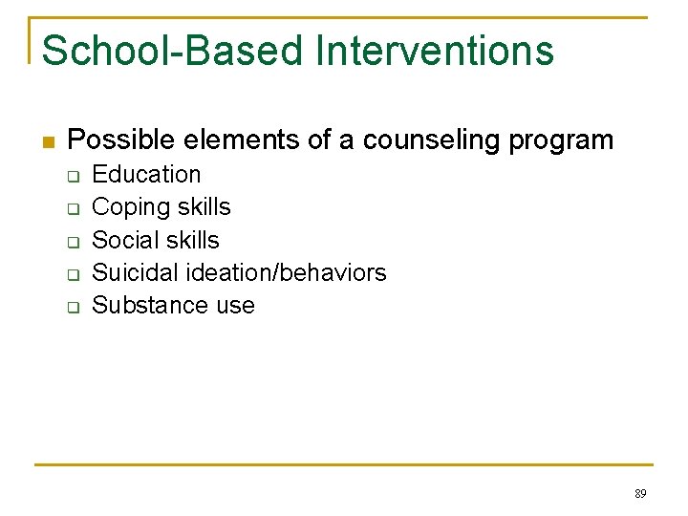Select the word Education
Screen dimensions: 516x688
[146, 174]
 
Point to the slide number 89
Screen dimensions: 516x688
[640, 494]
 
